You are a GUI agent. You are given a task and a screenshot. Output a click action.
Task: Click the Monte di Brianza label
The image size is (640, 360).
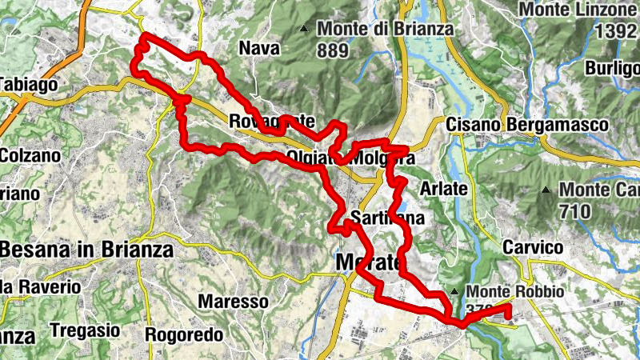tap(385, 29)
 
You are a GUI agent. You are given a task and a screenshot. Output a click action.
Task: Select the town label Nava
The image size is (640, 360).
tap(259, 49)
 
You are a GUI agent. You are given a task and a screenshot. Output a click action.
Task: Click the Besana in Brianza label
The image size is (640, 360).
tap(86, 250)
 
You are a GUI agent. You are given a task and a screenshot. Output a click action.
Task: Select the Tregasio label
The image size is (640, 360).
tap(84, 330)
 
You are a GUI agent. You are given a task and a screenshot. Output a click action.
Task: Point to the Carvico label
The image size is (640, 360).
tap(529, 248)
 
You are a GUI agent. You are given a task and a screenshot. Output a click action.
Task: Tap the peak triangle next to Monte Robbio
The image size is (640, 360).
tap(454, 291)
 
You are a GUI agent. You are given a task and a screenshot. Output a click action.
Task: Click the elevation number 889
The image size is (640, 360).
tap(332, 50)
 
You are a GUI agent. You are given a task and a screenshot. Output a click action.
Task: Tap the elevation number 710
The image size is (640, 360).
tap(576, 212)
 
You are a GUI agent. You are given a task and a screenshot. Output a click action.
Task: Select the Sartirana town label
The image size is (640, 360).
tap(387, 218)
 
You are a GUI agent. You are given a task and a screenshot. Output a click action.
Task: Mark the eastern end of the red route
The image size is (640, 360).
tap(509, 306)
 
